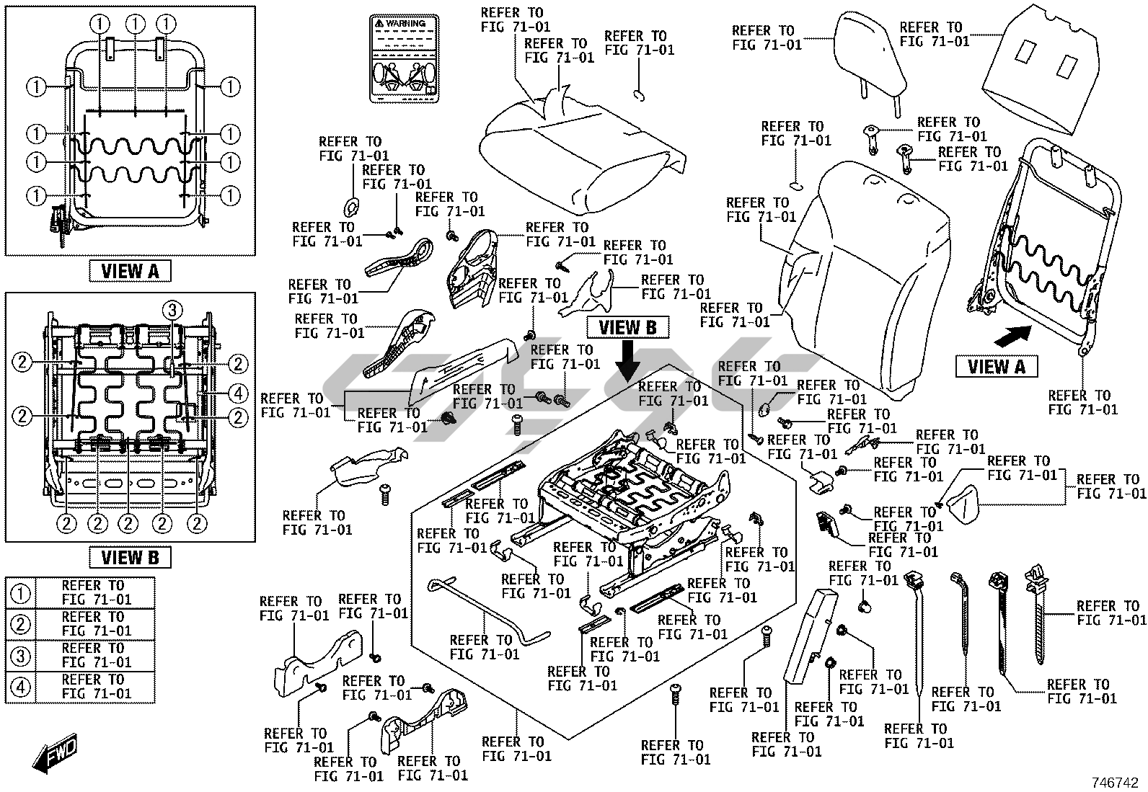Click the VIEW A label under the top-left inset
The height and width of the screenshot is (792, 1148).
pyautogui.click(x=130, y=271)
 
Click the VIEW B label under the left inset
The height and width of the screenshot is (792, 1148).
pyautogui.click(x=130, y=557)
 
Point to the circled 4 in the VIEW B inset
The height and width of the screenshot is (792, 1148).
pyautogui.click(x=239, y=393)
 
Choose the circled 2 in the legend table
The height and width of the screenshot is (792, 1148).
pyautogui.click(x=22, y=624)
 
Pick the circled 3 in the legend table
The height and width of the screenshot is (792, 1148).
pyautogui.click(x=22, y=656)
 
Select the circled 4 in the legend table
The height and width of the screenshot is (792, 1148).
pyautogui.click(x=22, y=688)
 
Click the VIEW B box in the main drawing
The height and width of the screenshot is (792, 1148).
pyautogui.click(x=628, y=327)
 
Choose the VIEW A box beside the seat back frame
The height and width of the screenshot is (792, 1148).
pyautogui.click(x=996, y=366)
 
